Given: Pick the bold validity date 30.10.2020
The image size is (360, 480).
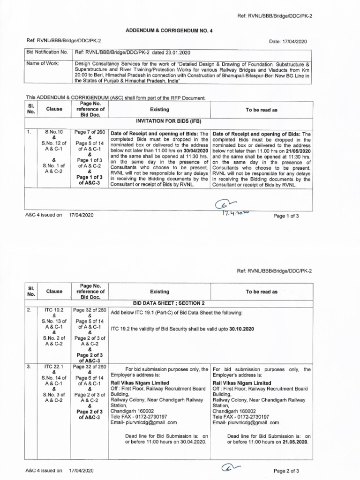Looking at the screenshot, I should point(241,329).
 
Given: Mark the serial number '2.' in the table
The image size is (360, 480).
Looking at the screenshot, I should point(29,310).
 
